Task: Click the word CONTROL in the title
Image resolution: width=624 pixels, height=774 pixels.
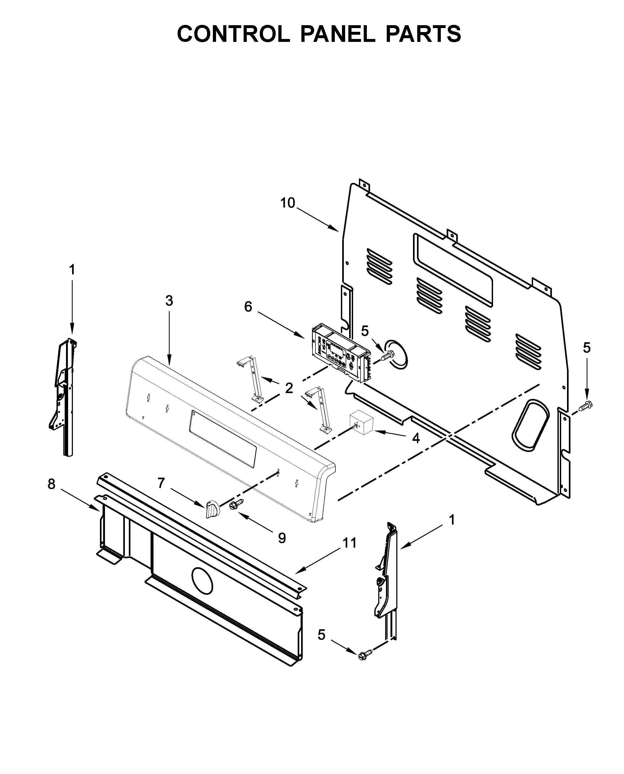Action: pyautogui.click(x=233, y=34)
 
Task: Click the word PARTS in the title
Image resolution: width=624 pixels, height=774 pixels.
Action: pyautogui.click(x=423, y=34)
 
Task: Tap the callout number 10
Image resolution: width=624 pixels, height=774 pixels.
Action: pyautogui.click(x=288, y=203)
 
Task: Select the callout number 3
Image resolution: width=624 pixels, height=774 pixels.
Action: pyautogui.click(x=169, y=301)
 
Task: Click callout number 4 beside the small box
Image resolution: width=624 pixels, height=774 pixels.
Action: pyautogui.click(x=416, y=438)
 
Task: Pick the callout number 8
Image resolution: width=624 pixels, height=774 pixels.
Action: pyautogui.click(x=52, y=484)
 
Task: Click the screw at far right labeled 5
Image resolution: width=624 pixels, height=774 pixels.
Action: pyautogui.click(x=586, y=405)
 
